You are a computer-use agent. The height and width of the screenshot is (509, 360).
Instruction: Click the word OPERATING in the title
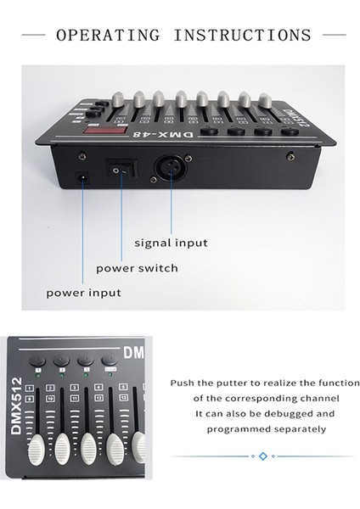[x=107, y=36]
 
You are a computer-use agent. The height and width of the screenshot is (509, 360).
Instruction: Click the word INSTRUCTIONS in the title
[x=243, y=36]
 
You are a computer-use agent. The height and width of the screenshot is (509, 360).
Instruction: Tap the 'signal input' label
[x=171, y=243]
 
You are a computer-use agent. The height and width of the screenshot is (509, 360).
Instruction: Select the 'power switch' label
[x=137, y=268]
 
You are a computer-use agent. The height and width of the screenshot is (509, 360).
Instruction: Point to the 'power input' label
[x=83, y=293]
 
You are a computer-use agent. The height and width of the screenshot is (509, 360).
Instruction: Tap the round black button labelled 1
[x=38, y=361]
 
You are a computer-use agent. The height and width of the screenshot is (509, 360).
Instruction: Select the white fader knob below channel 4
[x=114, y=450]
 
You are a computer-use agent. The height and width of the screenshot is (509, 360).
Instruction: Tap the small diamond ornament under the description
[x=262, y=456]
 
